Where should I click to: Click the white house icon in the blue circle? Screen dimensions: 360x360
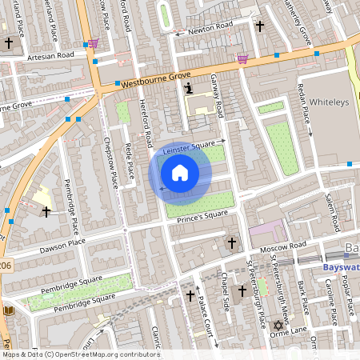(x=180, y=173)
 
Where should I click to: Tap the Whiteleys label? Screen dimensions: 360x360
(x=331, y=102)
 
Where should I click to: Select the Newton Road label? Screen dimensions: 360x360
(x=210, y=30)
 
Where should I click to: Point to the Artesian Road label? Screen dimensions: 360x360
(x=49, y=55)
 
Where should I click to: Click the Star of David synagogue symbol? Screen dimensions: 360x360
(x=278, y=326)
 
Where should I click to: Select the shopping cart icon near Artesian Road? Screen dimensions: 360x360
(x=94, y=43)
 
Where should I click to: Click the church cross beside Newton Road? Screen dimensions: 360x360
(x=258, y=26)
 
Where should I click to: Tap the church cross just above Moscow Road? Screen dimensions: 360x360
(x=232, y=242)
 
